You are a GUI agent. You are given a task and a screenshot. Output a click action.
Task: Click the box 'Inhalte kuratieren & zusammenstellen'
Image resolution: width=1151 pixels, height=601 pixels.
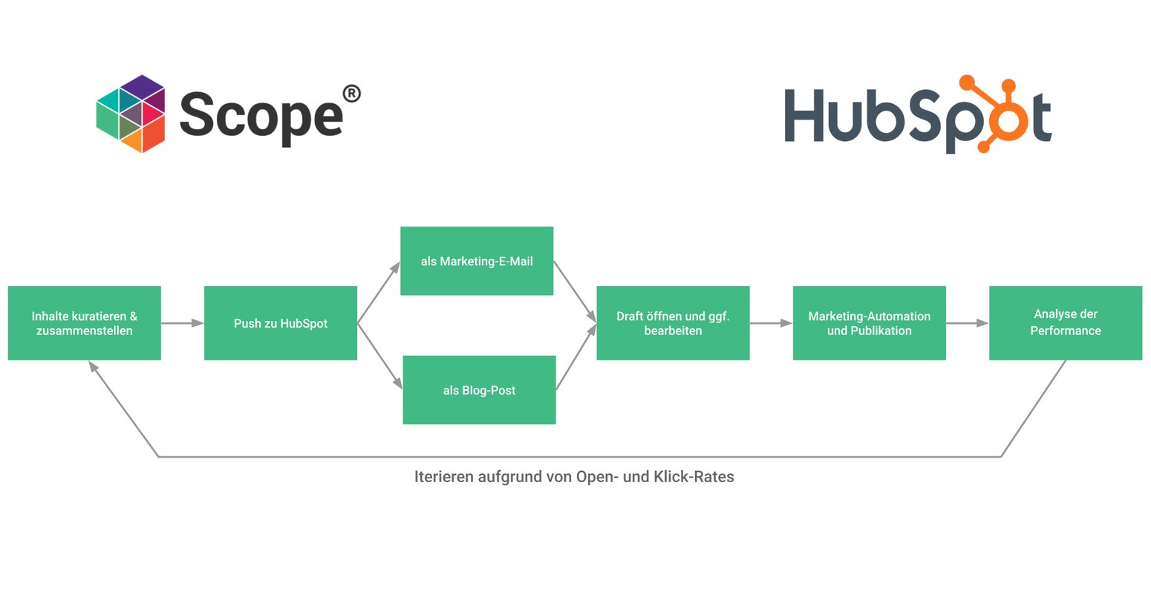click(84, 323)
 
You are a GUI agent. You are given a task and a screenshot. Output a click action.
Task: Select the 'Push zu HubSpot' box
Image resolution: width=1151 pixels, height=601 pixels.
click(280, 323)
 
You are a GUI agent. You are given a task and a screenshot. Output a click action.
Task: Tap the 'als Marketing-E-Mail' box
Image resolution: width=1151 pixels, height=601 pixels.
click(477, 261)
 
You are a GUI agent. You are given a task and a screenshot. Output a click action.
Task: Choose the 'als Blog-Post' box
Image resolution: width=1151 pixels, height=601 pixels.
click(479, 390)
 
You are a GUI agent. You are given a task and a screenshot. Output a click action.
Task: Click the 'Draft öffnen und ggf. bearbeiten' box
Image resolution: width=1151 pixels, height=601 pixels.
click(673, 323)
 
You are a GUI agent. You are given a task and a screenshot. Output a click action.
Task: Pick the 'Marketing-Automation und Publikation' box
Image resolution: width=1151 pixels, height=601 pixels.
click(869, 323)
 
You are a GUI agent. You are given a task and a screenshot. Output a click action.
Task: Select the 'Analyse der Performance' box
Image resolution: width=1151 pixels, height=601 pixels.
click(1065, 323)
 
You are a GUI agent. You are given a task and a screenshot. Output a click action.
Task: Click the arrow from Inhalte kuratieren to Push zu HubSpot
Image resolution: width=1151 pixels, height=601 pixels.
click(182, 323)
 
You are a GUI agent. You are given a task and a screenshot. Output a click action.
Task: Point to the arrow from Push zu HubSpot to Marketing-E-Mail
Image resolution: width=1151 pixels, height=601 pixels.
click(379, 292)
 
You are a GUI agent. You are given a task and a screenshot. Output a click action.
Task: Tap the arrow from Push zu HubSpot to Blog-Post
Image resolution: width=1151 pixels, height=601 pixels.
click(379, 356)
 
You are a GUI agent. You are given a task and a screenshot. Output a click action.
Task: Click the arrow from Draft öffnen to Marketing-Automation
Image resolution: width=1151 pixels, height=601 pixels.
click(771, 323)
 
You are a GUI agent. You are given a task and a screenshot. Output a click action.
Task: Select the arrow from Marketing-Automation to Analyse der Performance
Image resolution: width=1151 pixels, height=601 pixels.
click(967, 323)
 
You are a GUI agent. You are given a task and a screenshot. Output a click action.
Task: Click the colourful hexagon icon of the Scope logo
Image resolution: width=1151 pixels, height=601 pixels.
click(131, 114)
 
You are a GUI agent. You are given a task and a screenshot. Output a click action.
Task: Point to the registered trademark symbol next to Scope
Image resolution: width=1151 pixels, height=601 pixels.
click(351, 94)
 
